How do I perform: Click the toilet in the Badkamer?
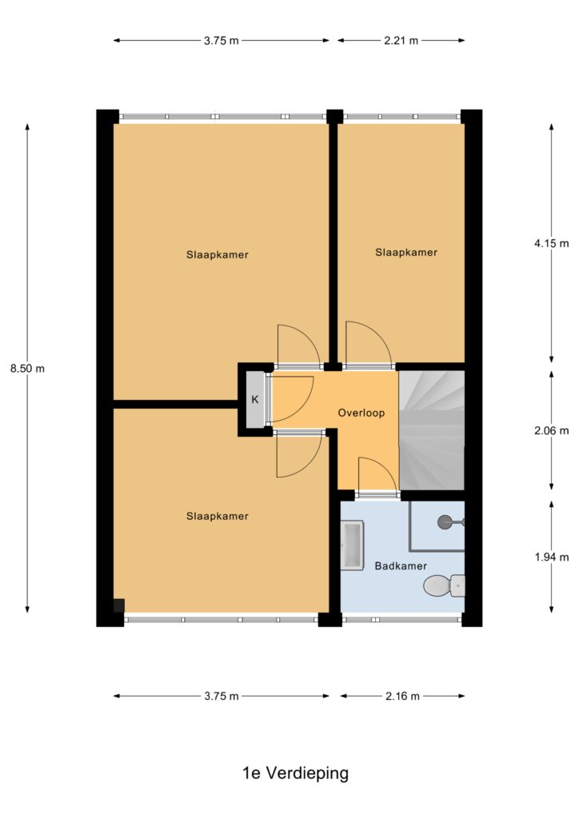[444, 585]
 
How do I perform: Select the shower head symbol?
[446, 521]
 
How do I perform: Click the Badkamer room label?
[401, 565]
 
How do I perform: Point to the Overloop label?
[361, 413]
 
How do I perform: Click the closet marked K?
[255, 399]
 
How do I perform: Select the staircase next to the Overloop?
[432, 430]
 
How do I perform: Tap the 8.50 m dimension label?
[28, 368]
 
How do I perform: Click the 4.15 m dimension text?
[551, 243]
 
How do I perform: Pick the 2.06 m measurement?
[551, 430]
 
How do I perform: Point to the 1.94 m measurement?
[551, 557]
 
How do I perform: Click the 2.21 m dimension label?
[401, 40]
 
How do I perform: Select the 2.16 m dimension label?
[402, 696]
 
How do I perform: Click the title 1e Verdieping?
[296, 773]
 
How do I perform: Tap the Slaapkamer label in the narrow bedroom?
[406, 252]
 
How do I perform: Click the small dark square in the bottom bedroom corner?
[119, 605]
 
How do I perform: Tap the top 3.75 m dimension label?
[222, 40]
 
